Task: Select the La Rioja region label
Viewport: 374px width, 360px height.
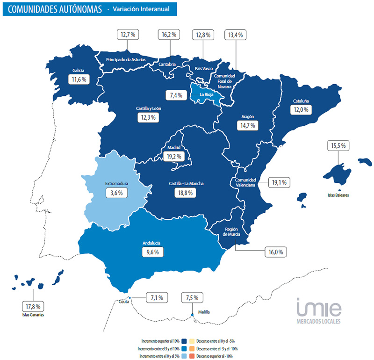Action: point(207,95)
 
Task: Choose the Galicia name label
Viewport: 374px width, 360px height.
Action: point(78,71)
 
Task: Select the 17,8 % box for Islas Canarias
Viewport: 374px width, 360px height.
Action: point(32,306)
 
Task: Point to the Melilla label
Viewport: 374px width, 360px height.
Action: point(204,312)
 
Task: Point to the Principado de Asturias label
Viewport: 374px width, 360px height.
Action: point(126,60)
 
